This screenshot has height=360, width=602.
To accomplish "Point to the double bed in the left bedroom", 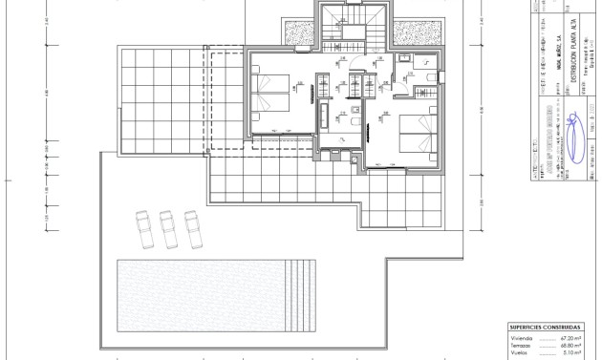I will coord(272,95).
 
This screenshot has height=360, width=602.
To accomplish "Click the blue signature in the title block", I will coord(573,136).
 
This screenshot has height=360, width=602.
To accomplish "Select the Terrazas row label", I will coord(521,346).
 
